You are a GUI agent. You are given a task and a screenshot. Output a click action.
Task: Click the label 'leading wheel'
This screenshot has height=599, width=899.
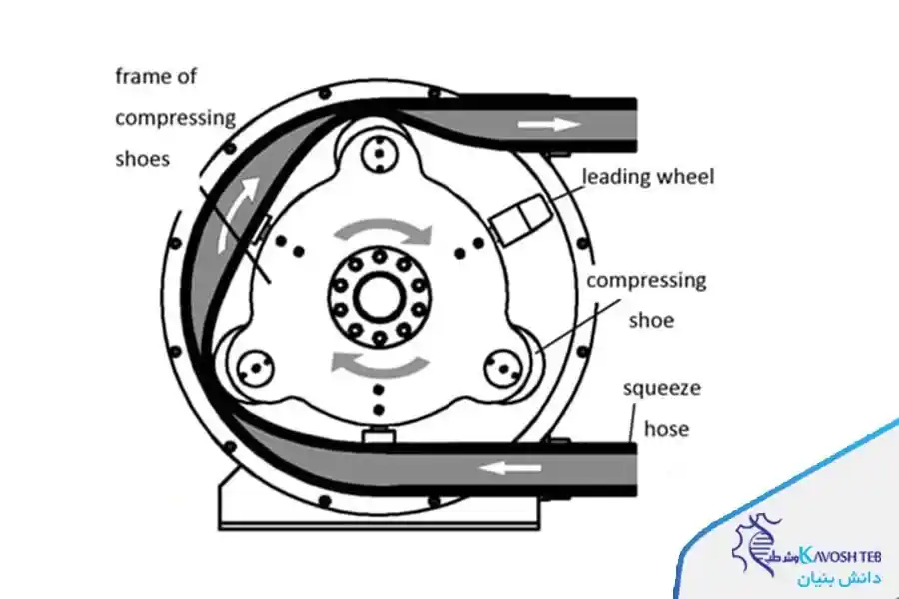tap(649, 178)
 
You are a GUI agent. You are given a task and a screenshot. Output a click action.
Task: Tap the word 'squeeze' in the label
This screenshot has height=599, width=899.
tap(663, 389)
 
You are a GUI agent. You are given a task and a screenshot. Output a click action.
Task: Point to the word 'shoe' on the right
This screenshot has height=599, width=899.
tap(650, 320)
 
